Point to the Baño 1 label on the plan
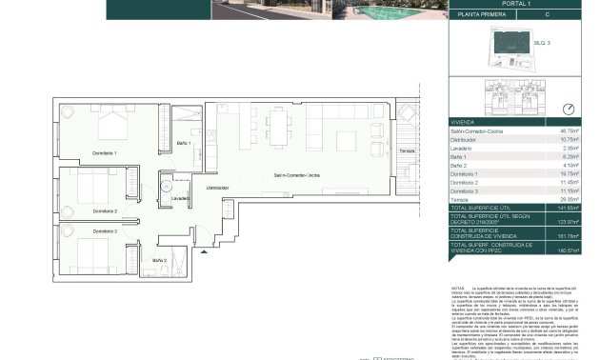pyautogui.click(x=185, y=143)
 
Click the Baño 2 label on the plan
pyautogui.click(x=159, y=260)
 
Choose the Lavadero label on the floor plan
pyautogui.click(x=181, y=198)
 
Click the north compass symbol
pyautogui.click(x=570, y=109)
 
